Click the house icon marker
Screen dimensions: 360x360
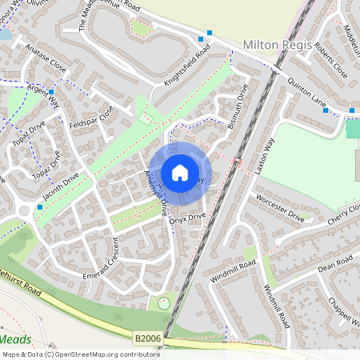pyautogui.click(x=180, y=172)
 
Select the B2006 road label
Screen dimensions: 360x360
pyautogui.click(x=147, y=339)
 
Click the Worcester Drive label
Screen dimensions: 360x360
pyautogui.click(x=280, y=207)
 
